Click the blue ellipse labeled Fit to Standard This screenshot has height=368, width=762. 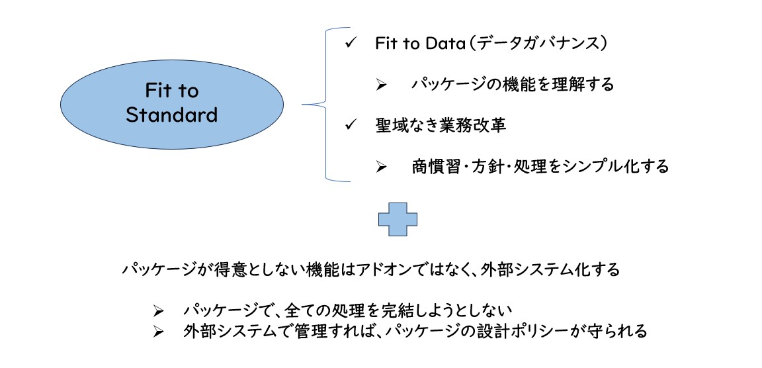(171, 104)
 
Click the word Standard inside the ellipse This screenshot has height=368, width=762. (171, 115)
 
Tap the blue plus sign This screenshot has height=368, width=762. (398, 219)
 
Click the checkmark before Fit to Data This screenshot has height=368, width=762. (351, 43)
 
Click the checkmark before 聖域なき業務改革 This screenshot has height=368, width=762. (351, 125)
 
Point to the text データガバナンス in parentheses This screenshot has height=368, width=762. (540, 43)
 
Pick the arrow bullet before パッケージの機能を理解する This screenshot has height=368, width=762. (381, 85)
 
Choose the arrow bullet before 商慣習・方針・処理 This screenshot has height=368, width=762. (381, 167)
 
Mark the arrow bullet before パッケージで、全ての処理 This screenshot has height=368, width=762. (159, 310)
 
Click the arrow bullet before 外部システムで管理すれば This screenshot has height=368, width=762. (159, 332)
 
